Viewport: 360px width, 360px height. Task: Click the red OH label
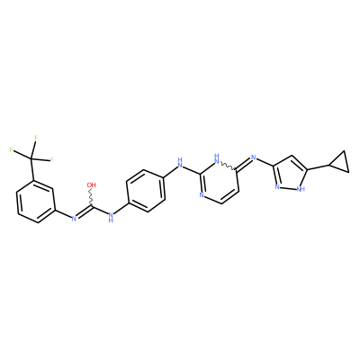click(92, 184)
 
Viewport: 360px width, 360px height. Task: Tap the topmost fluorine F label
click(36, 138)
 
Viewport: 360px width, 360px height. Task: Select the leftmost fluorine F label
click(11, 149)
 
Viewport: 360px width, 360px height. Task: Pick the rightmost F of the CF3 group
click(52, 160)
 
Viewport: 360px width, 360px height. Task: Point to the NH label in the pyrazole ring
click(301, 189)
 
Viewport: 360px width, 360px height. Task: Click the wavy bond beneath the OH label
click(91, 197)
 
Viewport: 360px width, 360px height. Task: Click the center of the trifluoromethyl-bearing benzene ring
click(36, 202)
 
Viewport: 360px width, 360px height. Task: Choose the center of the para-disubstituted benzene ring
click(146, 191)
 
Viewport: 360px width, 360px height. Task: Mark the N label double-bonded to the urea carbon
click(74, 218)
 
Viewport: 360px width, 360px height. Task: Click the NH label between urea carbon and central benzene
click(111, 217)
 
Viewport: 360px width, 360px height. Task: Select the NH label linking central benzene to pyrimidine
click(180, 162)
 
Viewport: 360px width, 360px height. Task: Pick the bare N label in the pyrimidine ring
click(202, 195)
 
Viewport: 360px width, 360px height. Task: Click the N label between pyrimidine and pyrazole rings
click(254, 157)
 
